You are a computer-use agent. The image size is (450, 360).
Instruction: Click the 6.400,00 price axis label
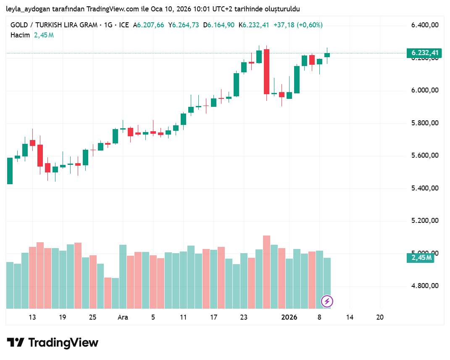(x=425, y=25)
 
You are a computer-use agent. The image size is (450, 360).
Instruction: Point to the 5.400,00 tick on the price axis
(x=425, y=188)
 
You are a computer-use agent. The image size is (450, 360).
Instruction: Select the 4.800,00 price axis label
(x=425, y=286)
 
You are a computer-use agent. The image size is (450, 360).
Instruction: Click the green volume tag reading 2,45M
(x=420, y=258)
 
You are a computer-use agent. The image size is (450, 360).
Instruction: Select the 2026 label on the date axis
(x=289, y=318)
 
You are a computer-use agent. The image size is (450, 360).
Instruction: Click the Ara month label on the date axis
(x=123, y=318)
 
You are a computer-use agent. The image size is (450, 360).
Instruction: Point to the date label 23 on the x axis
(x=244, y=318)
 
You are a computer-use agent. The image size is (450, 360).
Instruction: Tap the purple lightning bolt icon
(x=327, y=301)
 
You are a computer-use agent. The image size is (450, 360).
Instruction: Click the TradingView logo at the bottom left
(x=53, y=343)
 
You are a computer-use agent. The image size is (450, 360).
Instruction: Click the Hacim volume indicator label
(x=20, y=35)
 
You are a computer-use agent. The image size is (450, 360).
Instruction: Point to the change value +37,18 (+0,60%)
(x=298, y=25)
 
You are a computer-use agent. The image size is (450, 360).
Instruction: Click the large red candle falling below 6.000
(x=266, y=71)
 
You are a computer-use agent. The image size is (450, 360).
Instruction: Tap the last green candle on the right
(x=327, y=55)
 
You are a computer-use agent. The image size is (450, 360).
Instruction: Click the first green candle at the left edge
(x=10, y=171)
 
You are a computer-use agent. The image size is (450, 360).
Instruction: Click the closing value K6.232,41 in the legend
(x=254, y=25)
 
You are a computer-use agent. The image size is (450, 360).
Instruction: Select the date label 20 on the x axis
(x=380, y=318)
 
